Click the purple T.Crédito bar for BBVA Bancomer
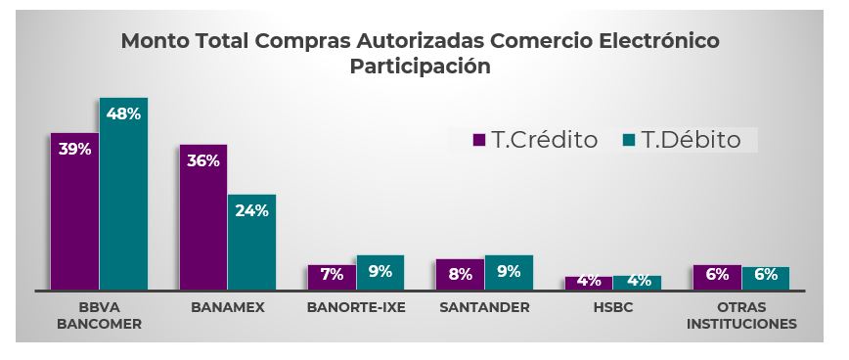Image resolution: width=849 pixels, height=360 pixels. [x=74, y=215]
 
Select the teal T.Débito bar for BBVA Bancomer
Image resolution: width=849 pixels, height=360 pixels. [x=123, y=196]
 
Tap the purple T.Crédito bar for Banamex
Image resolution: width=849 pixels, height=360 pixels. [x=202, y=220]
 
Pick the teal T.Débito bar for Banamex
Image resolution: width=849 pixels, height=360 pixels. [x=251, y=245]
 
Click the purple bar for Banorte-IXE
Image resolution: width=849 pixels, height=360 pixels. [x=332, y=277]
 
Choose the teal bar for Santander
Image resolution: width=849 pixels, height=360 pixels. [x=509, y=273]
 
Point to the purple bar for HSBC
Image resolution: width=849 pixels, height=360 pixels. [x=588, y=283]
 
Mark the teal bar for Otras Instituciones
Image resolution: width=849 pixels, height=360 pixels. [x=766, y=278]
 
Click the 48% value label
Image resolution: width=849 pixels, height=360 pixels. [x=123, y=113]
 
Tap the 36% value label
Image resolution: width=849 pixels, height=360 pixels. [x=202, y=160]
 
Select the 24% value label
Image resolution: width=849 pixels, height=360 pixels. [x=251, y=209]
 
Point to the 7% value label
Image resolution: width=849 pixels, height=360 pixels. [x=332, y=275]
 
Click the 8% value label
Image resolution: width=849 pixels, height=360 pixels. [x=460, y=273]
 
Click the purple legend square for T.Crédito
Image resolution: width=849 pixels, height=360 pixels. [x=479, y=140]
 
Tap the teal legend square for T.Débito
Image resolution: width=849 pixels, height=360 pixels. [x=629, y=140]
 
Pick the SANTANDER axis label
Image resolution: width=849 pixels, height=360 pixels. [x=484, y=307]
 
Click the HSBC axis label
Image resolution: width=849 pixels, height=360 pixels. [x=613, y=307]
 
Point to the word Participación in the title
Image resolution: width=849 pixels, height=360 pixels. [x=420, y=67]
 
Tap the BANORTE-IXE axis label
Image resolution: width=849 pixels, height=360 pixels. [x=355, y=307]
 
